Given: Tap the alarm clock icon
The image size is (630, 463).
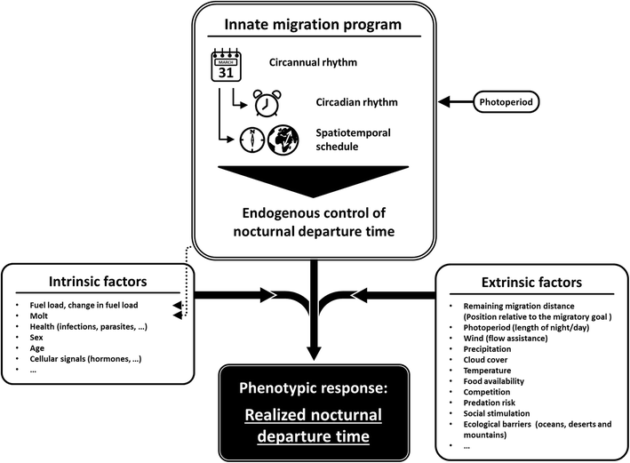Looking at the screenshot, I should (x=267, y=103).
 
